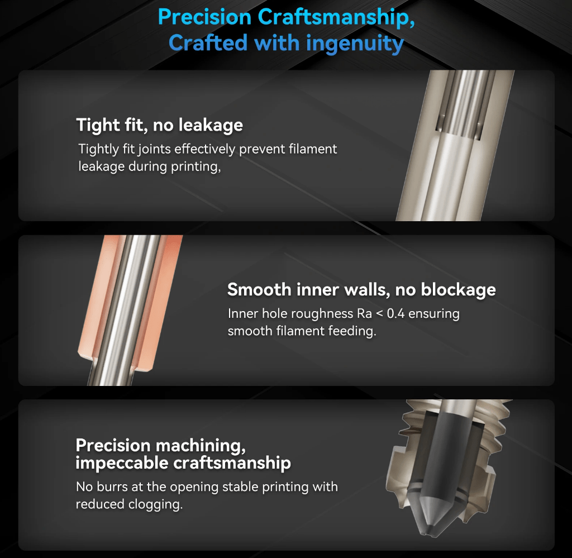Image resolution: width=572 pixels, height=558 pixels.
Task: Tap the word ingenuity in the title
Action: coord(355,44)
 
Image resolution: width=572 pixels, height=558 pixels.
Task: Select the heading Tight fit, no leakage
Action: coord(159,125)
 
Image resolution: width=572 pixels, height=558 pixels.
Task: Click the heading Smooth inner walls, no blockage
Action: coord(361,289)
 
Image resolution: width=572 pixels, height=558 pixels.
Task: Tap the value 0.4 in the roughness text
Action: coord(395,314)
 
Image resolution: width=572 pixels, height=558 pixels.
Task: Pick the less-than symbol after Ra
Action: coord(379,314)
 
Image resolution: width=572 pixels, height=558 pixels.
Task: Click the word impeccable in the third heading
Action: coord(121,463)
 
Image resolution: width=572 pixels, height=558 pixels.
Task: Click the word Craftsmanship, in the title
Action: coord(336,17)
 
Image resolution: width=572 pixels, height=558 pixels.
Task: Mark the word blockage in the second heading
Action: coord(458,290)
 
